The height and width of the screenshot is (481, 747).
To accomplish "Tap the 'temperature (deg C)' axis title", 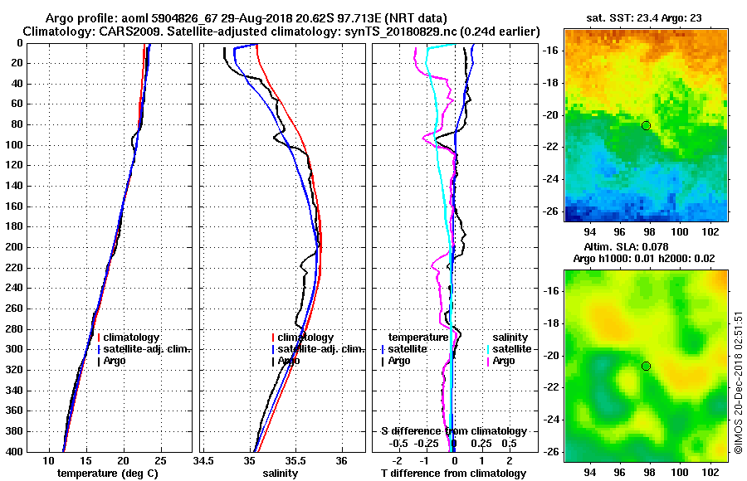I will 107,473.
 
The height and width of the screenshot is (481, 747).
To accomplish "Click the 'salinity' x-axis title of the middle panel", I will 281,473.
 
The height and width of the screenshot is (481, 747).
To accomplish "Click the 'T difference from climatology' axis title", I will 453,473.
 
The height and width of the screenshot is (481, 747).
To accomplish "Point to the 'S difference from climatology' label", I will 453,431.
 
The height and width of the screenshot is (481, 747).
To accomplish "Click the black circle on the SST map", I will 646,125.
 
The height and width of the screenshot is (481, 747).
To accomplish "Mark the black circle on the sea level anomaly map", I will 646,366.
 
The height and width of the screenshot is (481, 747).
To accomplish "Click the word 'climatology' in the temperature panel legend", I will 131,338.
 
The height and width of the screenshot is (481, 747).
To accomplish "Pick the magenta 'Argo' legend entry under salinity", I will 504,361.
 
